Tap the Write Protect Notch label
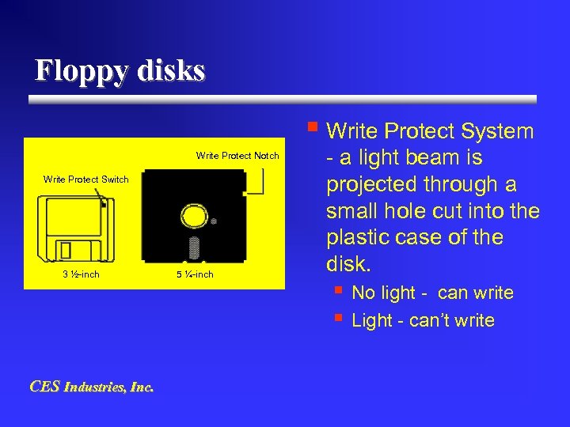[237, 156]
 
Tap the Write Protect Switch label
[85, 179]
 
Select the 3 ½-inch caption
[81, 274]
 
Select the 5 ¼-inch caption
[194, 274]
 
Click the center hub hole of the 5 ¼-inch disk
[193, 216]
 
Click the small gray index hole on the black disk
[214, 222]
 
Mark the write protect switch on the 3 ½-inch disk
[104, 204]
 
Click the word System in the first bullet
[497, 131]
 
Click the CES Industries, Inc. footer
[91, 387]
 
